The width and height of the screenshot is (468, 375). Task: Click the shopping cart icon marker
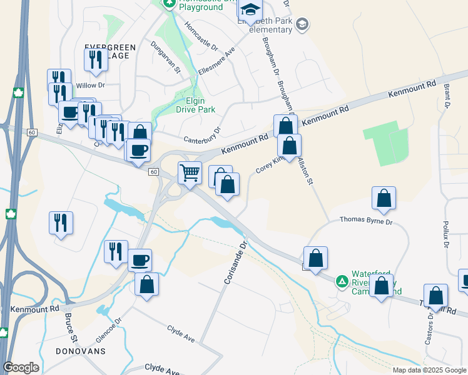coord(190,172)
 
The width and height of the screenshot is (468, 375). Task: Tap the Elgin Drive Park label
coord(200,105)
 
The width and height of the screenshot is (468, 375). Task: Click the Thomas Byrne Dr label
coord(366,221)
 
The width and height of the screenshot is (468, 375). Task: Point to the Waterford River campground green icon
coord(342,281)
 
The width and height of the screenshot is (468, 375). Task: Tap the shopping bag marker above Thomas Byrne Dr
coord(384,199)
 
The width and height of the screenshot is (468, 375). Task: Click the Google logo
coord(21,367)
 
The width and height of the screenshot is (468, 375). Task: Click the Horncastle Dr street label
coord(201,37)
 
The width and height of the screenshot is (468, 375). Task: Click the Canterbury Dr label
coord(202,135)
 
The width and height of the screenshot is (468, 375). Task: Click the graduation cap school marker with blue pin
coord(250,9)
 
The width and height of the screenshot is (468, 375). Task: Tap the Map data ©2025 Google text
coord(429,370)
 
